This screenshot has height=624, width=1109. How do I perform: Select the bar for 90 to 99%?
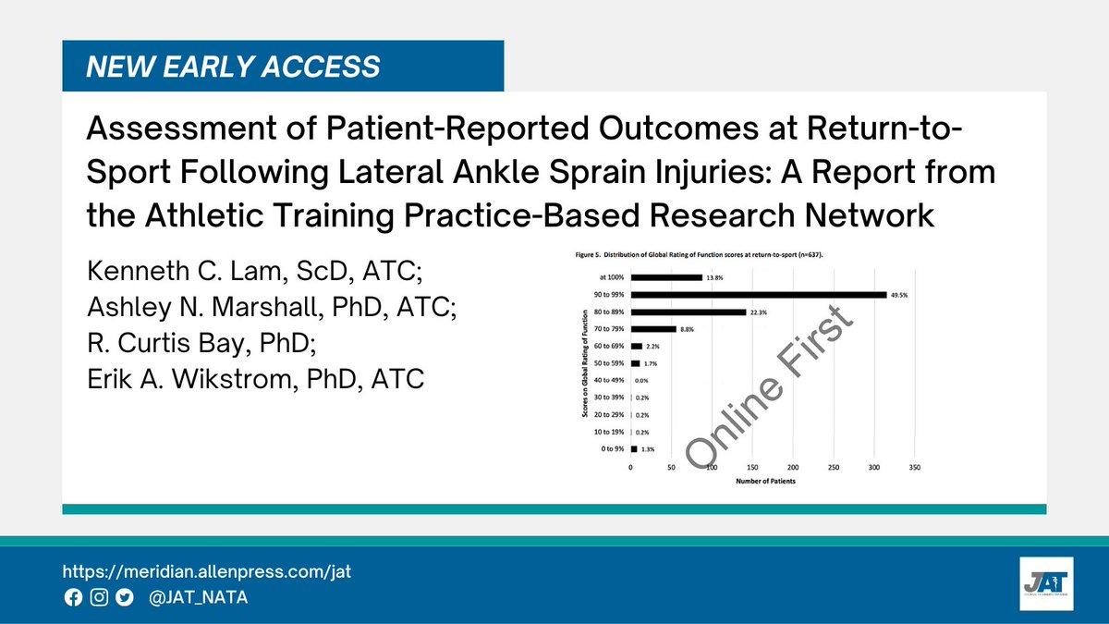point(758,295)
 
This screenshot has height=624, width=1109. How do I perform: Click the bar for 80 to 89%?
point(688,312)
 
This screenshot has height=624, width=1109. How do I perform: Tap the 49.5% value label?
point(903,295)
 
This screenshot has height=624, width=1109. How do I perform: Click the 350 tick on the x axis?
point(915,468)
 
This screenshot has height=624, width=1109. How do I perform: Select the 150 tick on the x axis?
point(752,468)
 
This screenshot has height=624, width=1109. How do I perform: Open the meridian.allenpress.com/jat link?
point(207,571)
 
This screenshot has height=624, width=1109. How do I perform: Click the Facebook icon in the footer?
point(73,598)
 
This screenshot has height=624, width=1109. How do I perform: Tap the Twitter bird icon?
point(125,598)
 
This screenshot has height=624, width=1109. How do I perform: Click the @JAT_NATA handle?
point(198,598)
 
